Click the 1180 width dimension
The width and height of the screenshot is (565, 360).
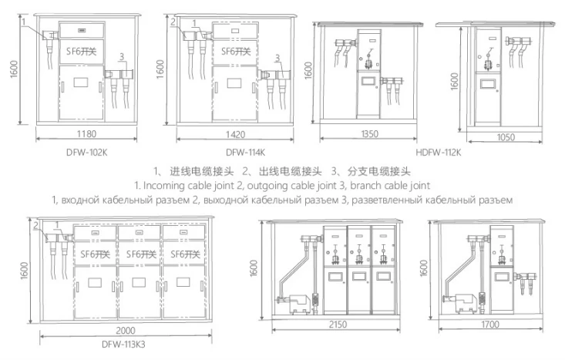click(x=86, y=134)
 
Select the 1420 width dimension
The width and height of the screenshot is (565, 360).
click(x=235, y=135)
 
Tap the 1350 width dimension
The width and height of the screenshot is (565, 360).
click(x=370, y=134)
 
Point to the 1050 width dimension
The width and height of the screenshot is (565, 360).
click(x=506, y=137)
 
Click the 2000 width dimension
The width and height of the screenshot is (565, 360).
click(x=126, y=331)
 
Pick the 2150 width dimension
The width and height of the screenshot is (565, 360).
click(x=338, y=325)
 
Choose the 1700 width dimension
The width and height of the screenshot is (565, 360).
click(x=490, y=325)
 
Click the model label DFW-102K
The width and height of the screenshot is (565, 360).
click(x=86, y=153)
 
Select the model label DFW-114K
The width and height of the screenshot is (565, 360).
click(x=245, y=153)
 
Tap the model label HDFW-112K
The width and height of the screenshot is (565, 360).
click(x=438, y=153)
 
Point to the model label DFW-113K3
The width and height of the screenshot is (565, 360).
click(x=123, y=345)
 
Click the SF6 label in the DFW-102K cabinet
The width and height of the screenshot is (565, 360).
click(x=82, y=52)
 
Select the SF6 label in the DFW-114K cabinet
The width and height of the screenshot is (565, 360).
click(x=236, y=52)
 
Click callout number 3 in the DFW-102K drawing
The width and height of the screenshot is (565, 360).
click(x=122, y=56)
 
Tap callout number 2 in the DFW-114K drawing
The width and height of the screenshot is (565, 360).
click(x=173, y=22)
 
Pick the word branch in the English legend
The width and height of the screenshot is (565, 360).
click(x=365, y=186)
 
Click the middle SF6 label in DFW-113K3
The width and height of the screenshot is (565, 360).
click(x=141, y=254)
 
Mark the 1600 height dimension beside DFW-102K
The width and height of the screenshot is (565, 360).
click(x=14, y=69)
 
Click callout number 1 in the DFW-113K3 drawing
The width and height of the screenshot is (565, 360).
click(x=57, y=226)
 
